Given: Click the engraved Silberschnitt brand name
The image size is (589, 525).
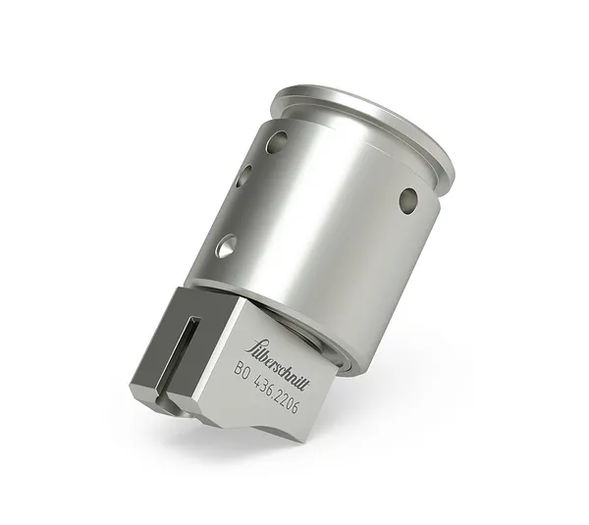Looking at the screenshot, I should pos(280,348).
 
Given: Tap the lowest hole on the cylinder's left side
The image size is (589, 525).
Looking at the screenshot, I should pos(225,246).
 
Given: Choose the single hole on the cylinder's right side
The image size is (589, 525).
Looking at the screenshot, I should pos(407,201).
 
